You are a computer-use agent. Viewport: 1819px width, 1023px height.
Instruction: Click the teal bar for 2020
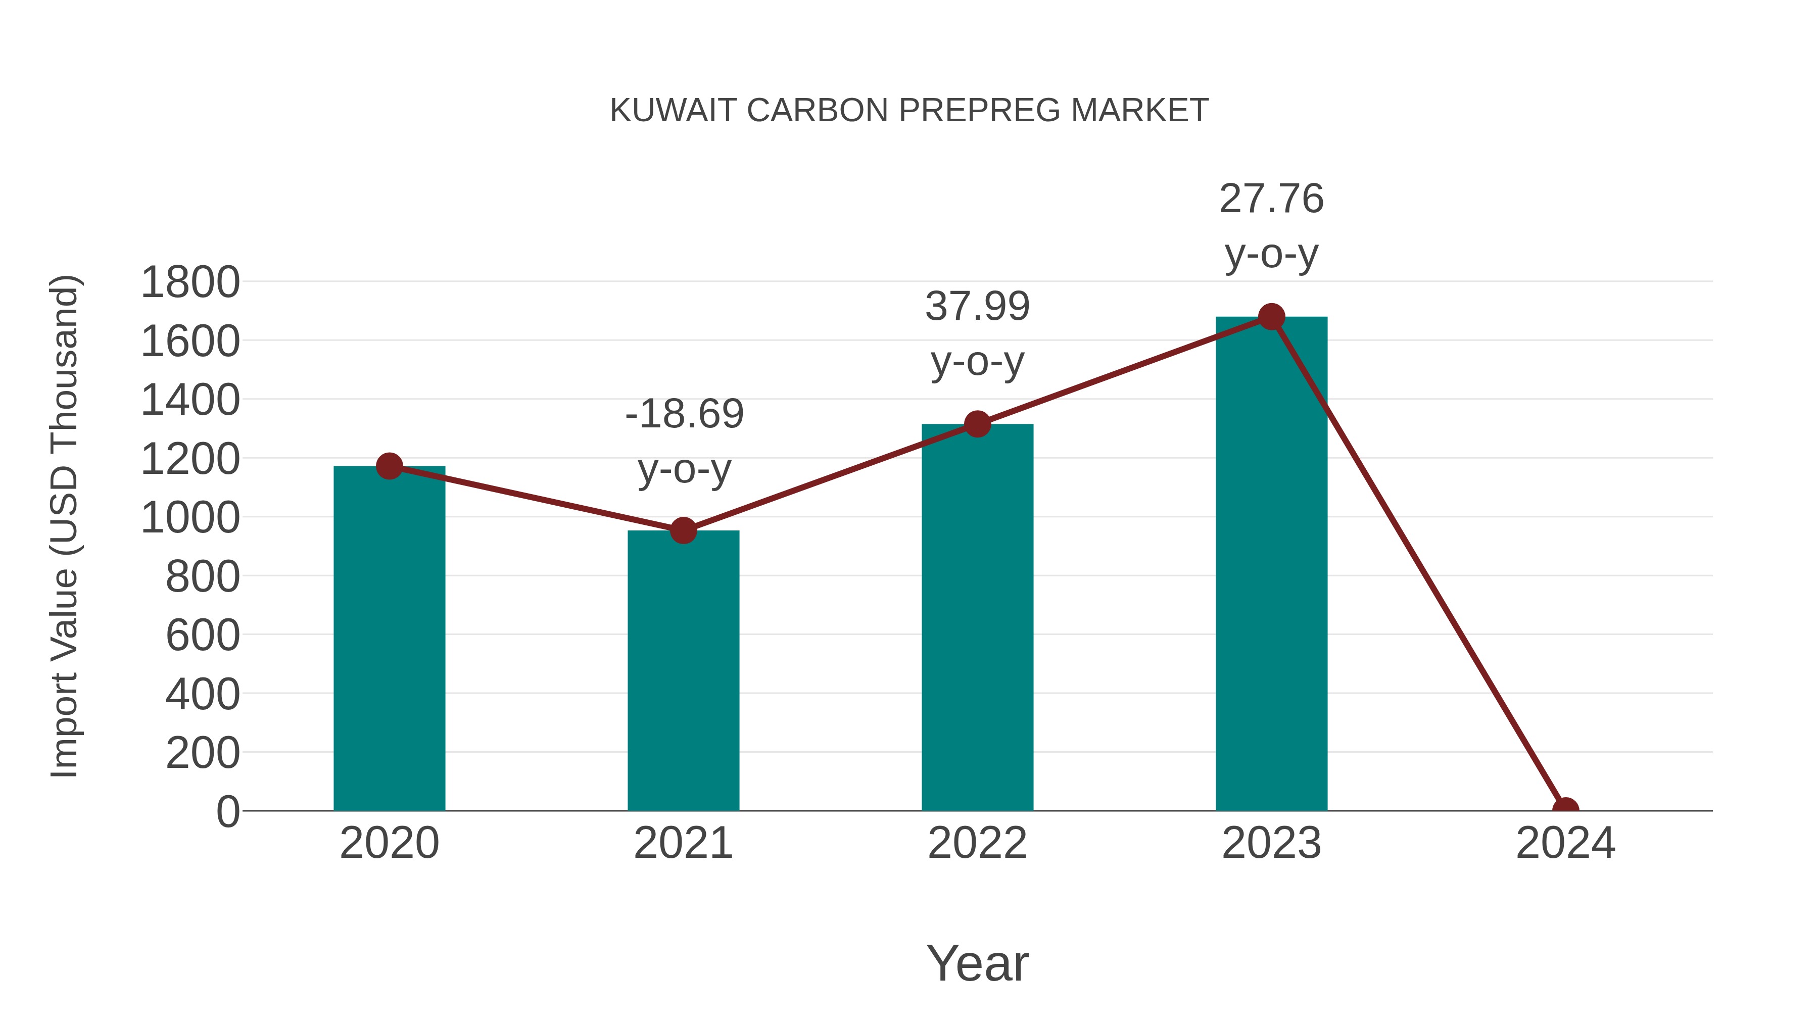click(x=389, y=639)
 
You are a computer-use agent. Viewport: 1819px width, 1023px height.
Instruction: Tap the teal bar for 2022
click(x=977, y=618)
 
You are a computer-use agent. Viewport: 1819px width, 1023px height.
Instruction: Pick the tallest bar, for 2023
click(x=1271, y=565)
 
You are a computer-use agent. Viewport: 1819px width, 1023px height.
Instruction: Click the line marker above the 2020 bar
click(x=389, y=466)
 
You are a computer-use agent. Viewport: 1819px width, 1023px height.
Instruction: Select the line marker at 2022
click(x=977, y=424)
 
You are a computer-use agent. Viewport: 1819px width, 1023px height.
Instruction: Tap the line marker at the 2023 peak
click(x=1271, y=317)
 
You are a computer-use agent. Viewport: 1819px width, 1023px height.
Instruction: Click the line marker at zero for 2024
click(x=1565, y=809)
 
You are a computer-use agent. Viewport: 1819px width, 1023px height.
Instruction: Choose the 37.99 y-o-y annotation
click(x=977, y=334)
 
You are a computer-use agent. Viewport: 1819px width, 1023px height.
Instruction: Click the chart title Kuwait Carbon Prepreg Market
click(x=909, y=111)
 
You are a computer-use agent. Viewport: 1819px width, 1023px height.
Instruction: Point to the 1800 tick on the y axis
click(x=190, y=282)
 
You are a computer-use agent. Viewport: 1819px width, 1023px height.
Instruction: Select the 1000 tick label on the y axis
click(x=190, y=517)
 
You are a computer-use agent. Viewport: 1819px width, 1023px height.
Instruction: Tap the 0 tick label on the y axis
click(x=227, y=812)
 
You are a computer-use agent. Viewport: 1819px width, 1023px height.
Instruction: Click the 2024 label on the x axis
click(x=1565, y=844)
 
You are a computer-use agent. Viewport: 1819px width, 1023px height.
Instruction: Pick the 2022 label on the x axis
click(x=977, y=844)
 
